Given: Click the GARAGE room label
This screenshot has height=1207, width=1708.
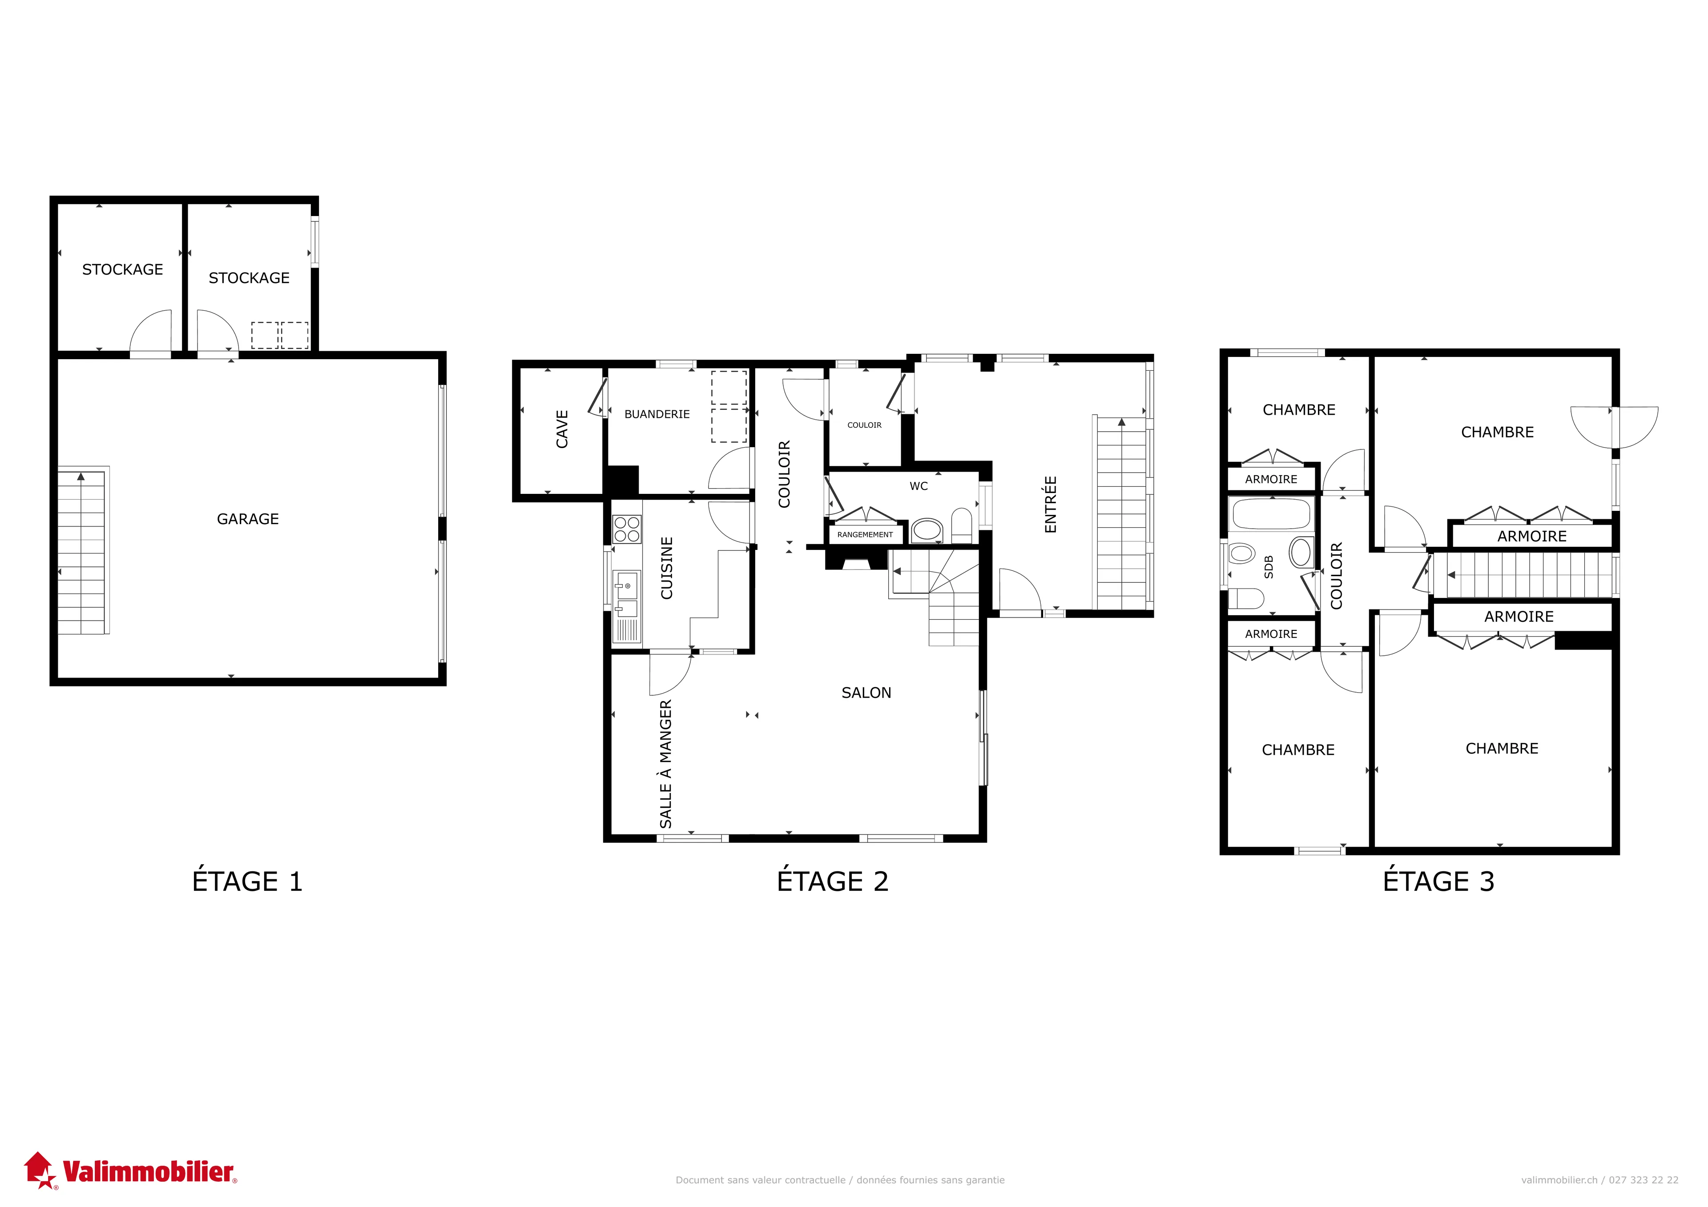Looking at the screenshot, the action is tap(248, 519).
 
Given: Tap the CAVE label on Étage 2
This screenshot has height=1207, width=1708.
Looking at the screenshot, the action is tap(562, 429).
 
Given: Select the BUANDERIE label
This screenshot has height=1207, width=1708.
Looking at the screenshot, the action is tap(657, 414).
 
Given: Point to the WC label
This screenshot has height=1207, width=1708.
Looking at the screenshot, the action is tap(919, 486).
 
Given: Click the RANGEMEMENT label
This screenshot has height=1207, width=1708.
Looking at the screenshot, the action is tap(865, 535).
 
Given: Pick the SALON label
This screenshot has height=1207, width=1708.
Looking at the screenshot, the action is tap(866, 693).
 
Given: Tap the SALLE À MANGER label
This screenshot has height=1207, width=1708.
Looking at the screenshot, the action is tap(666, 764).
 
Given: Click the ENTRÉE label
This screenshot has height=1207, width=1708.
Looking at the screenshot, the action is tap(1051, 504).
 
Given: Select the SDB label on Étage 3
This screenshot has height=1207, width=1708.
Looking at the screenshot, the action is tap(1269, 567).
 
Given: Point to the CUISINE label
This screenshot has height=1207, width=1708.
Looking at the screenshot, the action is tap(667, 568).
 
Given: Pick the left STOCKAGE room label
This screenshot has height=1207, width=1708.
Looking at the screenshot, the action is tap(123, 270).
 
